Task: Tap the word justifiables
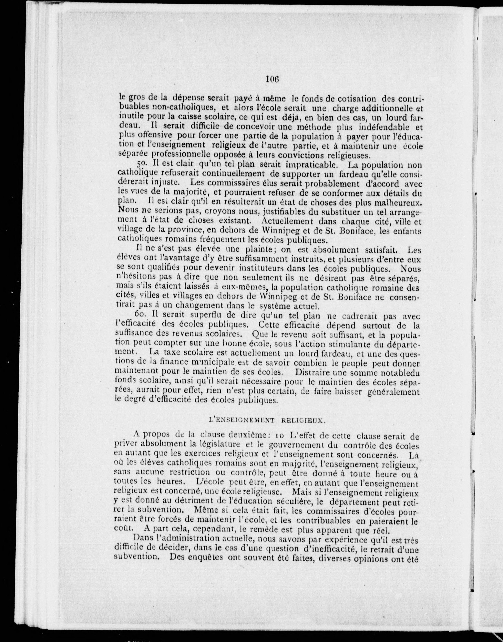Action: click(289, 212)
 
